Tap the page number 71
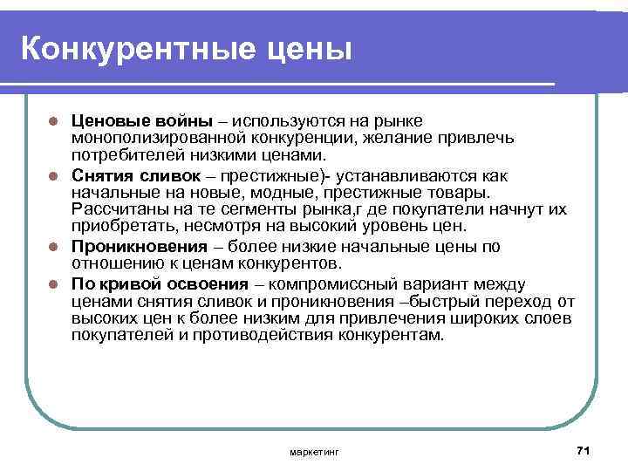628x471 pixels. pos(584,449)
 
